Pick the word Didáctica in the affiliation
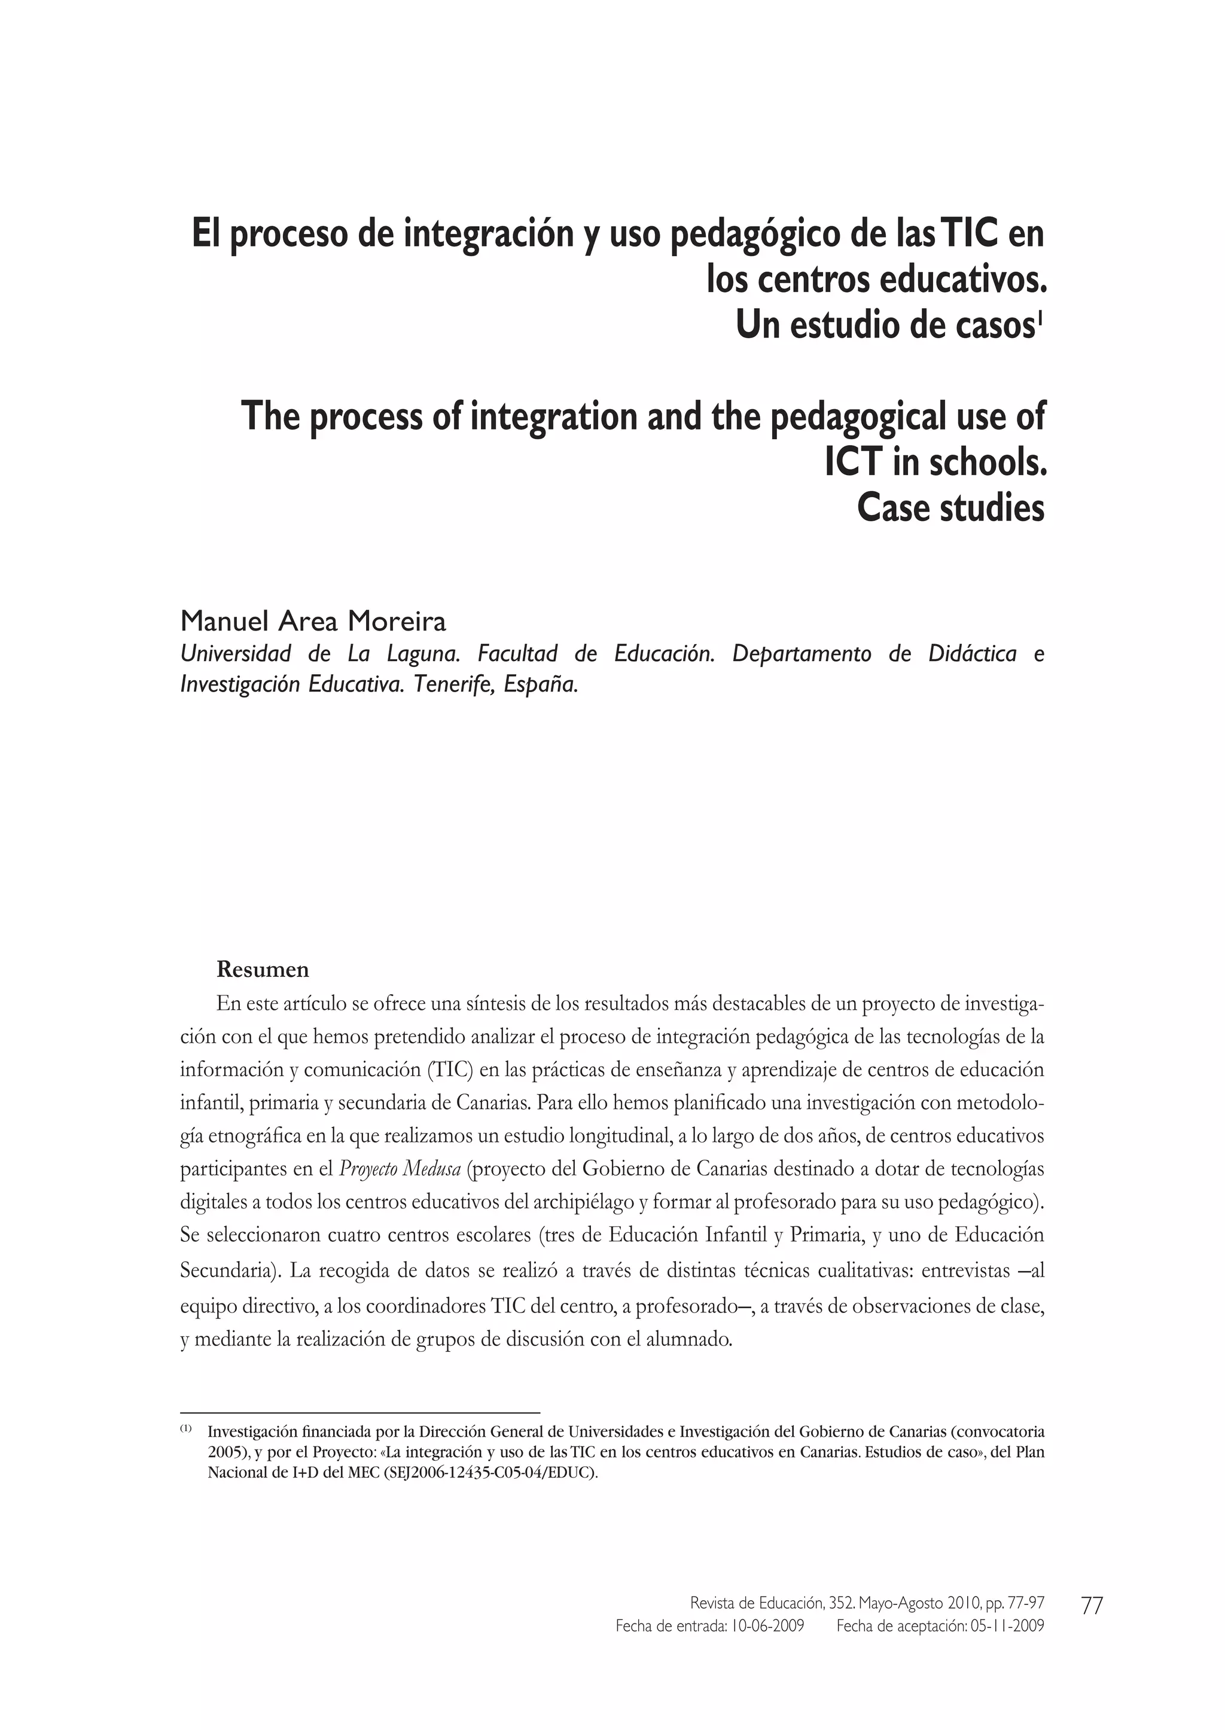973,653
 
